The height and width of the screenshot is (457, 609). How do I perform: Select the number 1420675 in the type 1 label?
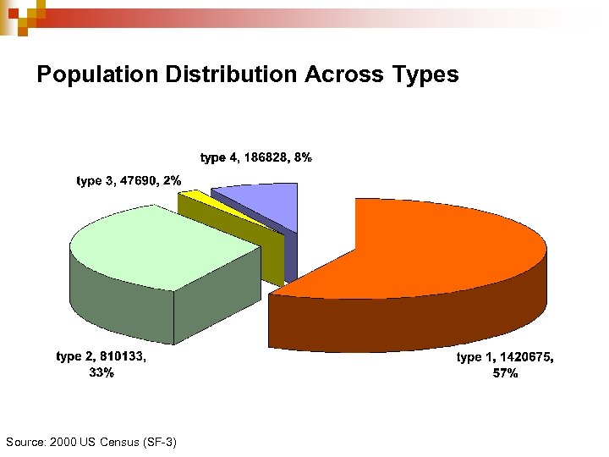pos(524,358)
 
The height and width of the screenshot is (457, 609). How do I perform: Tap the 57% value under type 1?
pos(505,373)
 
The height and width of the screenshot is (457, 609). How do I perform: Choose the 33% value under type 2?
pos(101,372)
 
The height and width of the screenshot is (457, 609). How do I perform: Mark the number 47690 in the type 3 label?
pos(137,180)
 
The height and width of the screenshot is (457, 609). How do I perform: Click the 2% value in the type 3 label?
pos(173,180)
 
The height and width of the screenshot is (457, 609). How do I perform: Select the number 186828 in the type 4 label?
pos(263,157)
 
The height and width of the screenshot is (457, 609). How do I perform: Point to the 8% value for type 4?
pos(303,157)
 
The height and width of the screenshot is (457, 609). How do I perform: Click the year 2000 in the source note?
pos(64,442)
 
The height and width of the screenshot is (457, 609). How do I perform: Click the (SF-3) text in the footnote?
pos(161,442)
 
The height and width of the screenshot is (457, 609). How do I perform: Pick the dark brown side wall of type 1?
pos(406,326)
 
